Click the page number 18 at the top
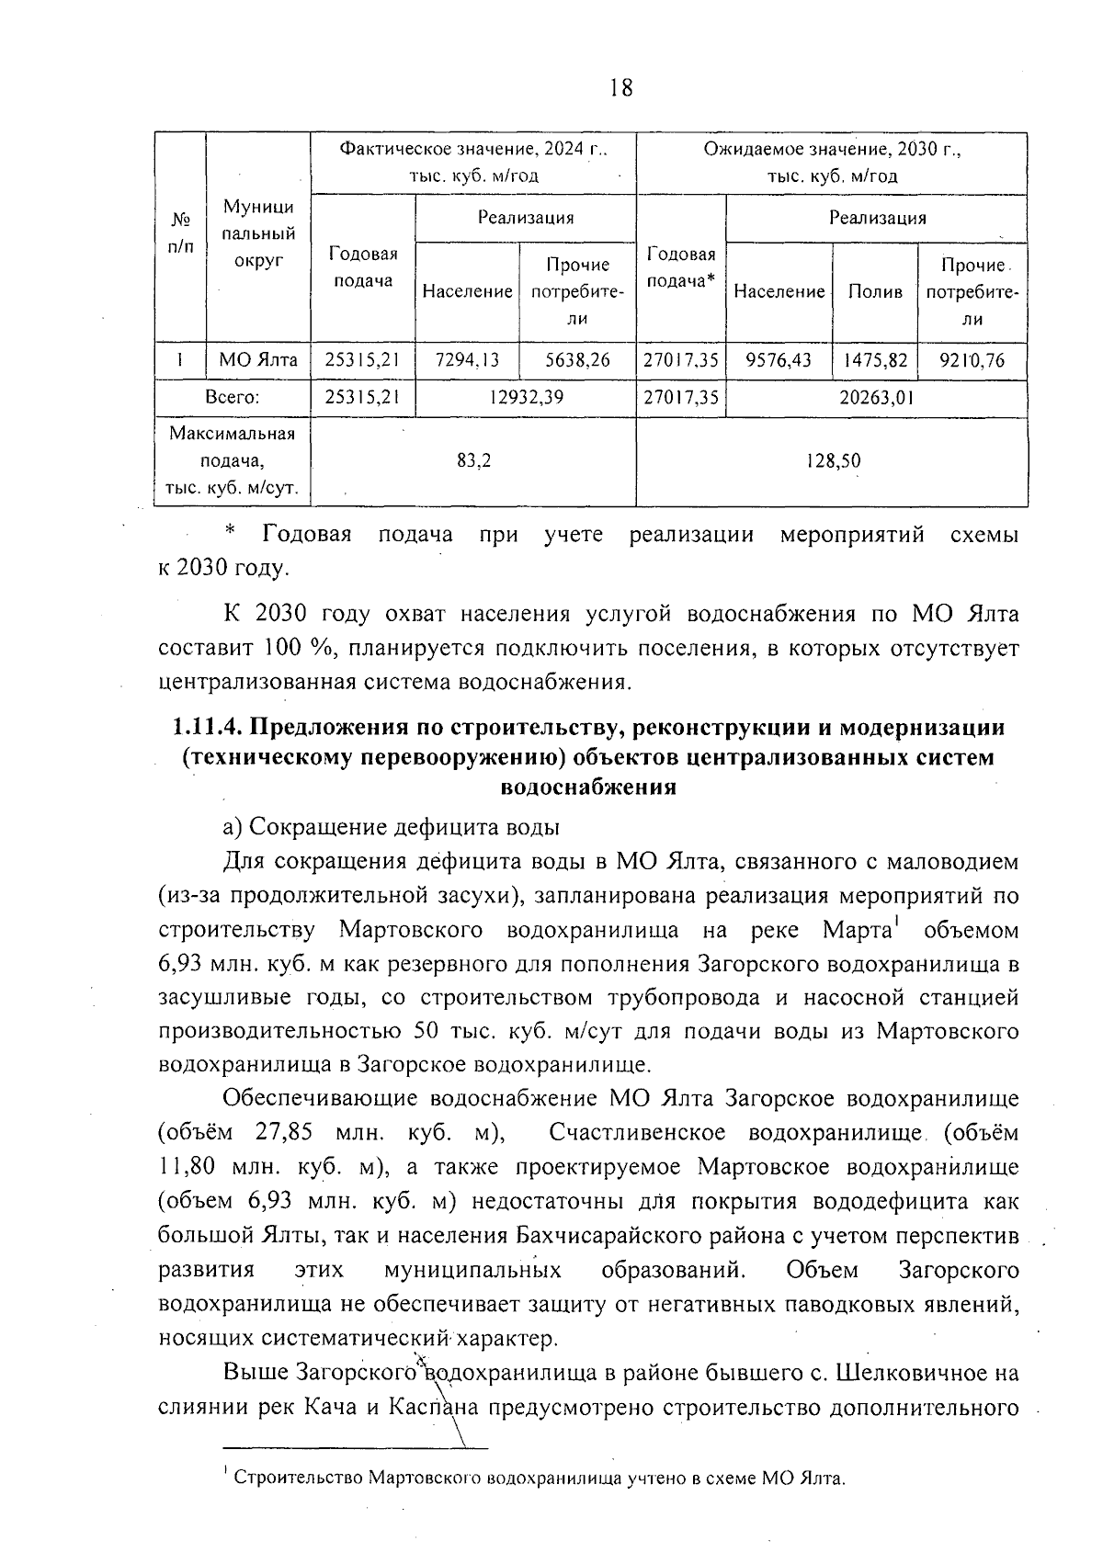point(620,87)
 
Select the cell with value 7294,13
point(467,361)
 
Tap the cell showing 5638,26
point(577,361)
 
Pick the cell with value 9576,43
point(779,361)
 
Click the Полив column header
point(874,292)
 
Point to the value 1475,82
point(874,361)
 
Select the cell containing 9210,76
point(972,361)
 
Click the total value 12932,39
point(524,398)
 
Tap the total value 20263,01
point(876,398)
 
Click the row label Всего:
point(232,398)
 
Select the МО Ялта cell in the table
point(258,361)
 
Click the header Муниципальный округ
point(258,234)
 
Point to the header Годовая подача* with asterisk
point(680,267)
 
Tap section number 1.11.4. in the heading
point(208,728)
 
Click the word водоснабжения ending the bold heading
point(588,788)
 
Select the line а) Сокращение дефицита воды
point(392,827)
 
